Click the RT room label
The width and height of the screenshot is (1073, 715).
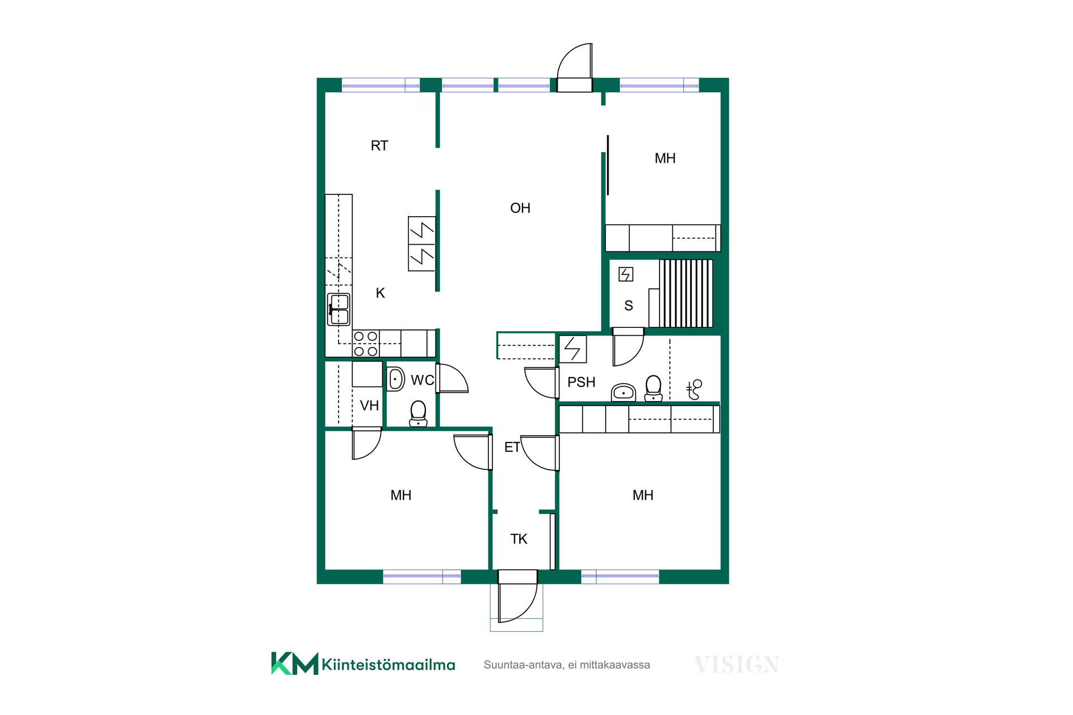coord(379,146)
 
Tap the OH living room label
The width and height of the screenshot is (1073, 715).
coord(520,208)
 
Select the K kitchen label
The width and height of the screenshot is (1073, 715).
coord(381,293)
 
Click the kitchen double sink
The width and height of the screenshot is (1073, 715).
coord(339,309)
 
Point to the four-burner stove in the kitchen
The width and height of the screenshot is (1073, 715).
coord(366,344)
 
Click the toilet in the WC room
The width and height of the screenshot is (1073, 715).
coord(418,414)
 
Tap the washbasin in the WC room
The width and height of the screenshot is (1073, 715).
coord(396,379)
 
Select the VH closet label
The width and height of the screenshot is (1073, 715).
coord(369,406)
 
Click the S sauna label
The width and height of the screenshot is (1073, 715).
coord(629,306)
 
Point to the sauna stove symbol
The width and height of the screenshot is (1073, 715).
coord(626,274)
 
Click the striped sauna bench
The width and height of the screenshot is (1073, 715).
coord(686,293)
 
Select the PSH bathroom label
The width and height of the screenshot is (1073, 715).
coord(581,382)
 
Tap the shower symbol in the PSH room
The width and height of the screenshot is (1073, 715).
coord(694,389)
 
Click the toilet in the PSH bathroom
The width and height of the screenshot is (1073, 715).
coord(653,388)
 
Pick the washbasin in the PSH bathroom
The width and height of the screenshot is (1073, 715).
coord(624,392)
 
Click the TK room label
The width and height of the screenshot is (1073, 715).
coord(519,539)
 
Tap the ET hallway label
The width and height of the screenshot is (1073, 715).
coord(512,447)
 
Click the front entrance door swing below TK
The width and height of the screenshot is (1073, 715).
coord(517,602)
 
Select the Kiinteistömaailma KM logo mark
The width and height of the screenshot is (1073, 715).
coord(295,664)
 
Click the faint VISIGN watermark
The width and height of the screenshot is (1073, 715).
coord(737,665)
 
